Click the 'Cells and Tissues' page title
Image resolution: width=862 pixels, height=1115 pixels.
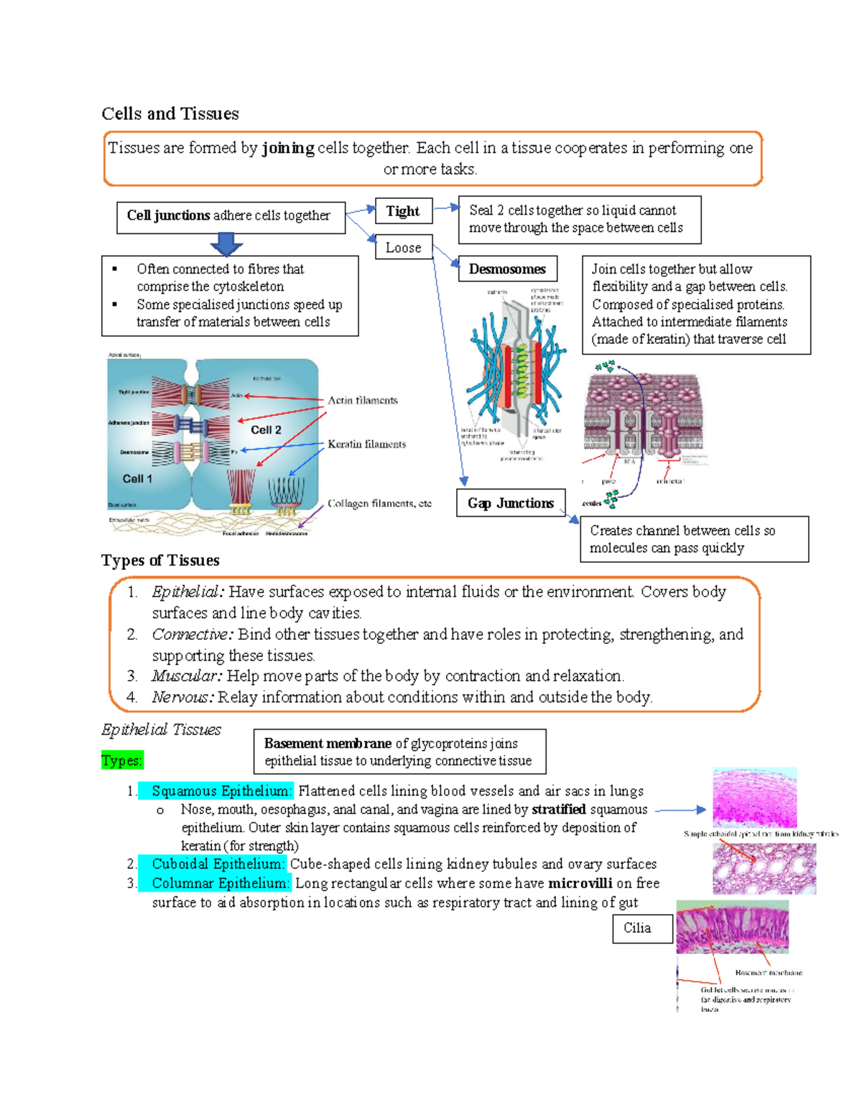point(170,113)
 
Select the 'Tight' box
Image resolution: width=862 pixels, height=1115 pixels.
point(403,211)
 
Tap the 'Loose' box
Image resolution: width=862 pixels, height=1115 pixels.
point(404,248)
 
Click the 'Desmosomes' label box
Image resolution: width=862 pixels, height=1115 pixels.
point(507,269)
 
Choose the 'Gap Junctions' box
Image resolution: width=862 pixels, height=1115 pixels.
point(511,503)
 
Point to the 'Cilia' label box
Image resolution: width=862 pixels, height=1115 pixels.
point(637,928)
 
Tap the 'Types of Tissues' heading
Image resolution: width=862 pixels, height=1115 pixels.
point(160,560)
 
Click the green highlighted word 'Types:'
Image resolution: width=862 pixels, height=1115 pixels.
point(122,760)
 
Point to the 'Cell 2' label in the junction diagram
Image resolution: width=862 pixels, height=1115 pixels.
point(266,430)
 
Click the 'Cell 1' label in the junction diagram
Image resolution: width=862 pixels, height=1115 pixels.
point(137,479)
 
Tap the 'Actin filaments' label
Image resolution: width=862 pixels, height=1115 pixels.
point(363,401)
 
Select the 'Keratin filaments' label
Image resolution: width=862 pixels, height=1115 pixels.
point(366,444)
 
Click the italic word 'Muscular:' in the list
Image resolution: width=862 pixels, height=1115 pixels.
point(187,676)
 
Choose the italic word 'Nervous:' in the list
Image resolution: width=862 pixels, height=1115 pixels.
point(182,697)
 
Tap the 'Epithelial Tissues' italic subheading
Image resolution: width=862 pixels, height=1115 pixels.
point(161,729)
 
